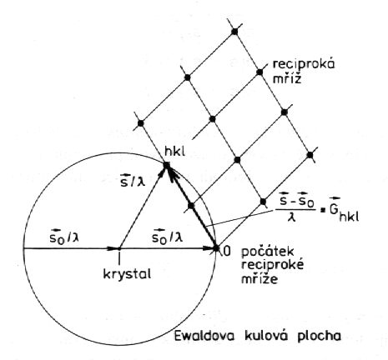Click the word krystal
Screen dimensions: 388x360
click(x=127, y=274)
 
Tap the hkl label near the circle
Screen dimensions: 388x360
click(x=174, y=152)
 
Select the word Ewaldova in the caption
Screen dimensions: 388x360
click(x=204, y=336)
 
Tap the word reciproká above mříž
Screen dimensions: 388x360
click(x=304, y=64)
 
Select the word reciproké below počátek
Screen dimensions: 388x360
click(x=272, y=264)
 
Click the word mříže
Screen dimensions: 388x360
click(x=260, y=277)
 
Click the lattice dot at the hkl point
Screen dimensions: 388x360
click(x=167, y=165)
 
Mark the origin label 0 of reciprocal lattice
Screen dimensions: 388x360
click(x=227, y=251)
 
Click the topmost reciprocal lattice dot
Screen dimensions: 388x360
click(x=234, y=32)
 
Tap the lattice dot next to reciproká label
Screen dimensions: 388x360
click(x=260, y=72)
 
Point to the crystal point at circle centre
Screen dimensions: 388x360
click(x=119, y=248)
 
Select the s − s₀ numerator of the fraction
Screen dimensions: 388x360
click(x=297, y=201)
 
